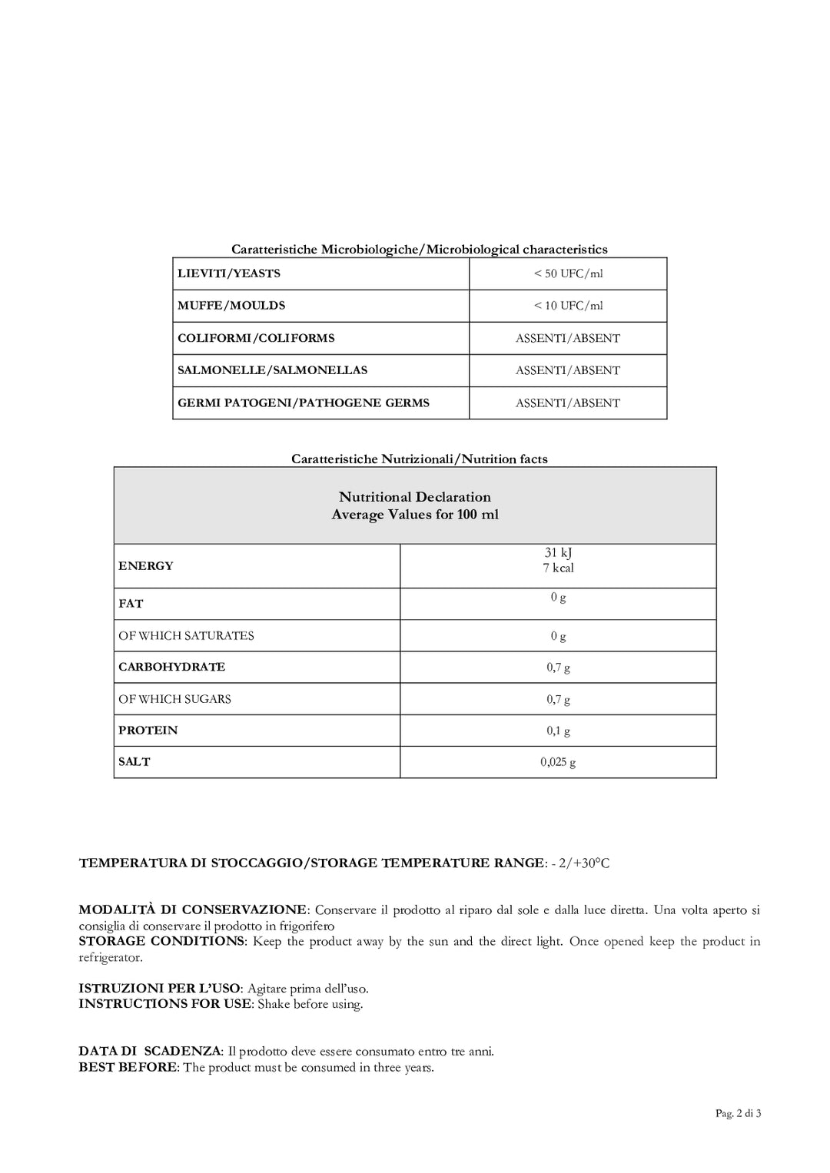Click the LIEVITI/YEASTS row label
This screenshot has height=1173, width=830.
click(x=229, y=273)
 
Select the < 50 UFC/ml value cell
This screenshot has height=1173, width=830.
click(x=568, y=273)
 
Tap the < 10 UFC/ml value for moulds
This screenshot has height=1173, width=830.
click(x=568, y=306)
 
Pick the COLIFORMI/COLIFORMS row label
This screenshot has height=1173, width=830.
click(x=256, y=338)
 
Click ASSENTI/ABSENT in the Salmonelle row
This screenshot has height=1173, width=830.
click(x=568, y=370)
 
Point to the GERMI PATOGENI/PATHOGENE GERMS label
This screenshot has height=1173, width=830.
click(x=304, y=403)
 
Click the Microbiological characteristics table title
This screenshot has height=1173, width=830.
click(x=420, y=249)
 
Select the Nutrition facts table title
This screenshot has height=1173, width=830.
click(x=420, y=459)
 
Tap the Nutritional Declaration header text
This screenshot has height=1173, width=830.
click(x=415, y=497)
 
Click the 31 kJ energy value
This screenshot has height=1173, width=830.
click(x=559, y=552)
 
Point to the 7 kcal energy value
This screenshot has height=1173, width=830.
click(x=559, y=568)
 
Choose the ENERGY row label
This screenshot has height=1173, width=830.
click(x=146, y=566)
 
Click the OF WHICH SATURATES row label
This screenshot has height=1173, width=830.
click(x=186, y=636)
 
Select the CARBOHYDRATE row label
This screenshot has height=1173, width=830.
click(x=172, y=667)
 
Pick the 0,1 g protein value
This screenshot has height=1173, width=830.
click(x=559, y=731)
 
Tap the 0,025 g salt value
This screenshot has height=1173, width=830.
click(x=559, y=762)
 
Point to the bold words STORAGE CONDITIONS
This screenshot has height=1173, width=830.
click(x=161, y=941)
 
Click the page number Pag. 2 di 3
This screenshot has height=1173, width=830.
click(x=738, y=1113)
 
